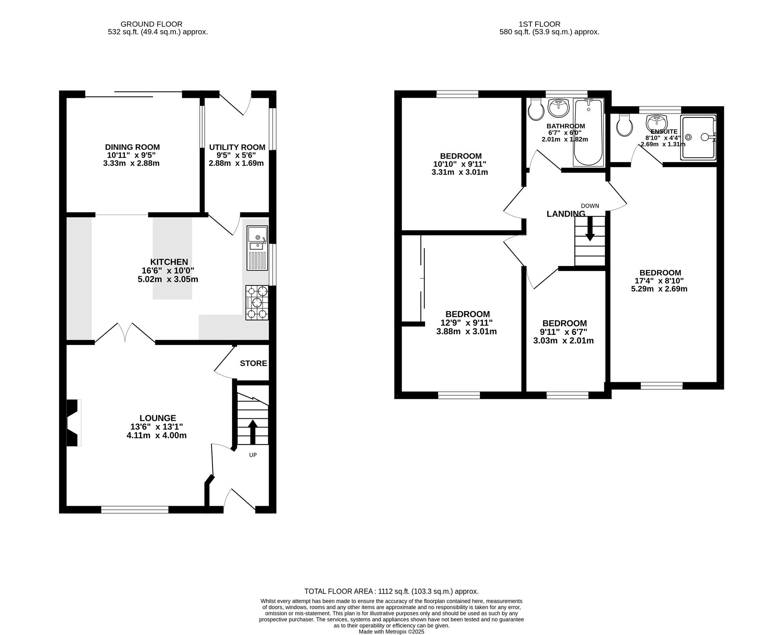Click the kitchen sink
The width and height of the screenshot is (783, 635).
(x=257, y=248)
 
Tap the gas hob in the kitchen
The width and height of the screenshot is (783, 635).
(x=257, y=302)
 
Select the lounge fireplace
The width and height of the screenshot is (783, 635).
(x=74, y=423)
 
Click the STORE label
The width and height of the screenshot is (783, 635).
(x=253, y=364)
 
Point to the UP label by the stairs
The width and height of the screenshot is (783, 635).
(x=253, y=455)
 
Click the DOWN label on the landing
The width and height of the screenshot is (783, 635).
(x=590, y=206)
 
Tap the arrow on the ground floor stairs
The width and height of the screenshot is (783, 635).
(x=253, y=432)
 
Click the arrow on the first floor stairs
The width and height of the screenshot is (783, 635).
(x=590, y=228)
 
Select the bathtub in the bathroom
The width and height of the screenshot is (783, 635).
(x=588, y=132)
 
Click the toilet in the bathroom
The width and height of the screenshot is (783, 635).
(x=536, y=109)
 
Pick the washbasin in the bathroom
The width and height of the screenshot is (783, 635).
(x=559, y=108)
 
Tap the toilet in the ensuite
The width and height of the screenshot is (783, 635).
(x=624, y=125)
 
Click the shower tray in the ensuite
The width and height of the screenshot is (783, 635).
(x=698, y=137)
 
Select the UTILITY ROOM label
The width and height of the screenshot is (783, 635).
(x=237, y=147)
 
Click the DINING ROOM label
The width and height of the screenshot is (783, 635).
(x=132, y=147)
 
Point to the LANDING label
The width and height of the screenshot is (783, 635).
(x=566, y=214)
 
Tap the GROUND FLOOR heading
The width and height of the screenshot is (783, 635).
(x=152, y=24)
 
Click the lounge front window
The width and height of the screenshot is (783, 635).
(x=135, y=510)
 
